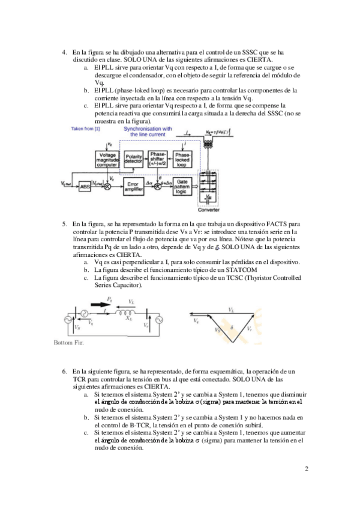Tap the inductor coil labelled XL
(127, 313)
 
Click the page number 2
(306, 469)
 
